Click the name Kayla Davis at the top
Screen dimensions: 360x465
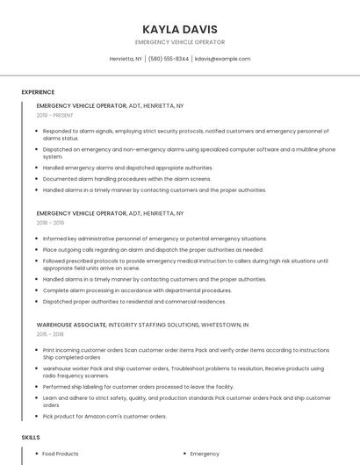click(x=179, y=29)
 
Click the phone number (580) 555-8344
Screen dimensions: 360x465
click(x=169, y=59)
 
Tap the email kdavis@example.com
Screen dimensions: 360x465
click(x=222, y=59)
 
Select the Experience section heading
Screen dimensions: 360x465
click(x=38, y=92)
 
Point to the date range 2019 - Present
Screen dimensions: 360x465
click(x=55, y=115)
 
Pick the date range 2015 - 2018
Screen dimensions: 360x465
click(x=51, y=334)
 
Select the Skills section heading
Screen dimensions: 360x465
click(x=31, y=436)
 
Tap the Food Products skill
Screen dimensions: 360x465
click(x=61, y=454)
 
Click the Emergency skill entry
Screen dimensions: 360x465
click(x=205, y=454)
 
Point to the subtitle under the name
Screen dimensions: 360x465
click(x=179, y=42)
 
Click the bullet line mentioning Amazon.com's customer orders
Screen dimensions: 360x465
click(x=104, y=416)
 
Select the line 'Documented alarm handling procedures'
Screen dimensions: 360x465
click(x=126, y=178)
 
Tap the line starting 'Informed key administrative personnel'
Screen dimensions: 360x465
click(x=142, y=239)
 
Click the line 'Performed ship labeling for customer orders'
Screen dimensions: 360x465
click(x=138, y=386)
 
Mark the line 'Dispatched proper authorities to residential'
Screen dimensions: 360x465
click(x=134, y=302)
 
